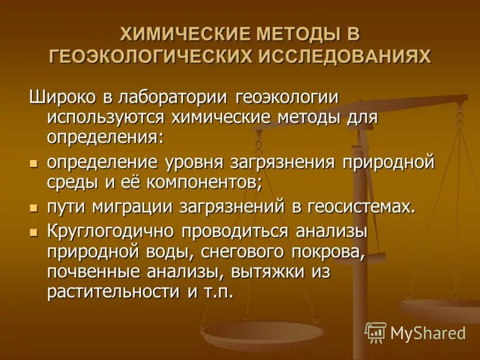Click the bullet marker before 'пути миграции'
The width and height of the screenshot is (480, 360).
(34, 207)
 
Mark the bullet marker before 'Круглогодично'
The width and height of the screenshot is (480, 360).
(34, 232)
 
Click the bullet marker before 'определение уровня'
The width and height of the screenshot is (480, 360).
(34, 163)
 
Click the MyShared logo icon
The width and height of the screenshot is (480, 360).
(376, 332)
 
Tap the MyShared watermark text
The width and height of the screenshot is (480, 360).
(428, 332)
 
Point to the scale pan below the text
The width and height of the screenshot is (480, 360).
(262, 333)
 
